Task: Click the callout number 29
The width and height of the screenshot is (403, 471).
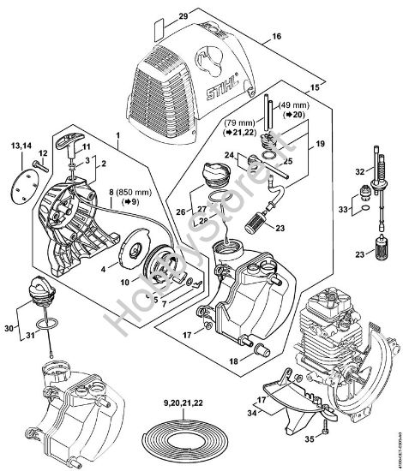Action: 182,17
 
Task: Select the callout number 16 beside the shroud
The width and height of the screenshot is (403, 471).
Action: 275,36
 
